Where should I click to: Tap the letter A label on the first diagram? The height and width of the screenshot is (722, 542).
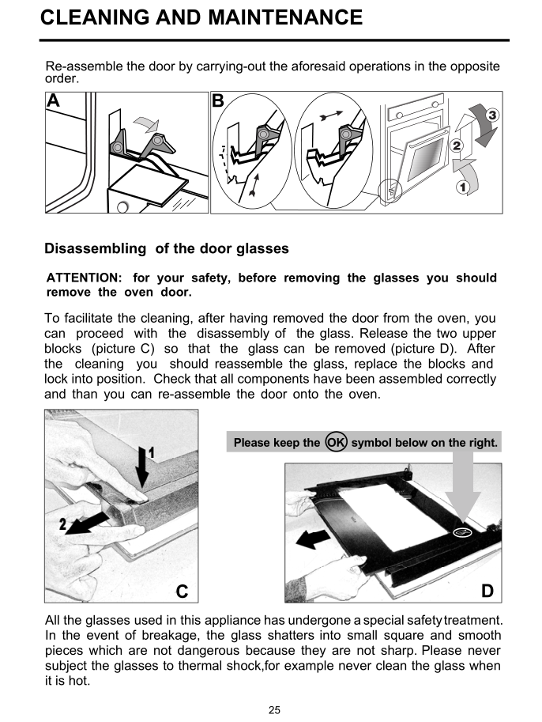tap(53, 100)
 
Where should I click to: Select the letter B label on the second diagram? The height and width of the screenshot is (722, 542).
tap(218, 100)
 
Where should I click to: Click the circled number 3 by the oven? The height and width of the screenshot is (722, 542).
tap(491, 115)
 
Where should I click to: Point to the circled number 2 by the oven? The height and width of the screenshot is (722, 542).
tap(456, 146)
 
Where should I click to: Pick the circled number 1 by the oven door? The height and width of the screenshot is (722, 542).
tap(464, 187)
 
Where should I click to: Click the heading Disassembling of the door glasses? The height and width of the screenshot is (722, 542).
tap(167, 248)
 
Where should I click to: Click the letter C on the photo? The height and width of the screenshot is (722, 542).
tap(182, 590)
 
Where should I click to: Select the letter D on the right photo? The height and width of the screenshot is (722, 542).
tap(487, 590)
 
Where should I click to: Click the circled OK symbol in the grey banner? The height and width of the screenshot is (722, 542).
tap(336, 443)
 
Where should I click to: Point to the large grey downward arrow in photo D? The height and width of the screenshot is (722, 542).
tap(462, 490)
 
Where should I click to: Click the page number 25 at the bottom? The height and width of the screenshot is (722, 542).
tap(274, 709)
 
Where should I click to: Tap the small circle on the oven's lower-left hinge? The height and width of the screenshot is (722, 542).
tap(391, 189)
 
